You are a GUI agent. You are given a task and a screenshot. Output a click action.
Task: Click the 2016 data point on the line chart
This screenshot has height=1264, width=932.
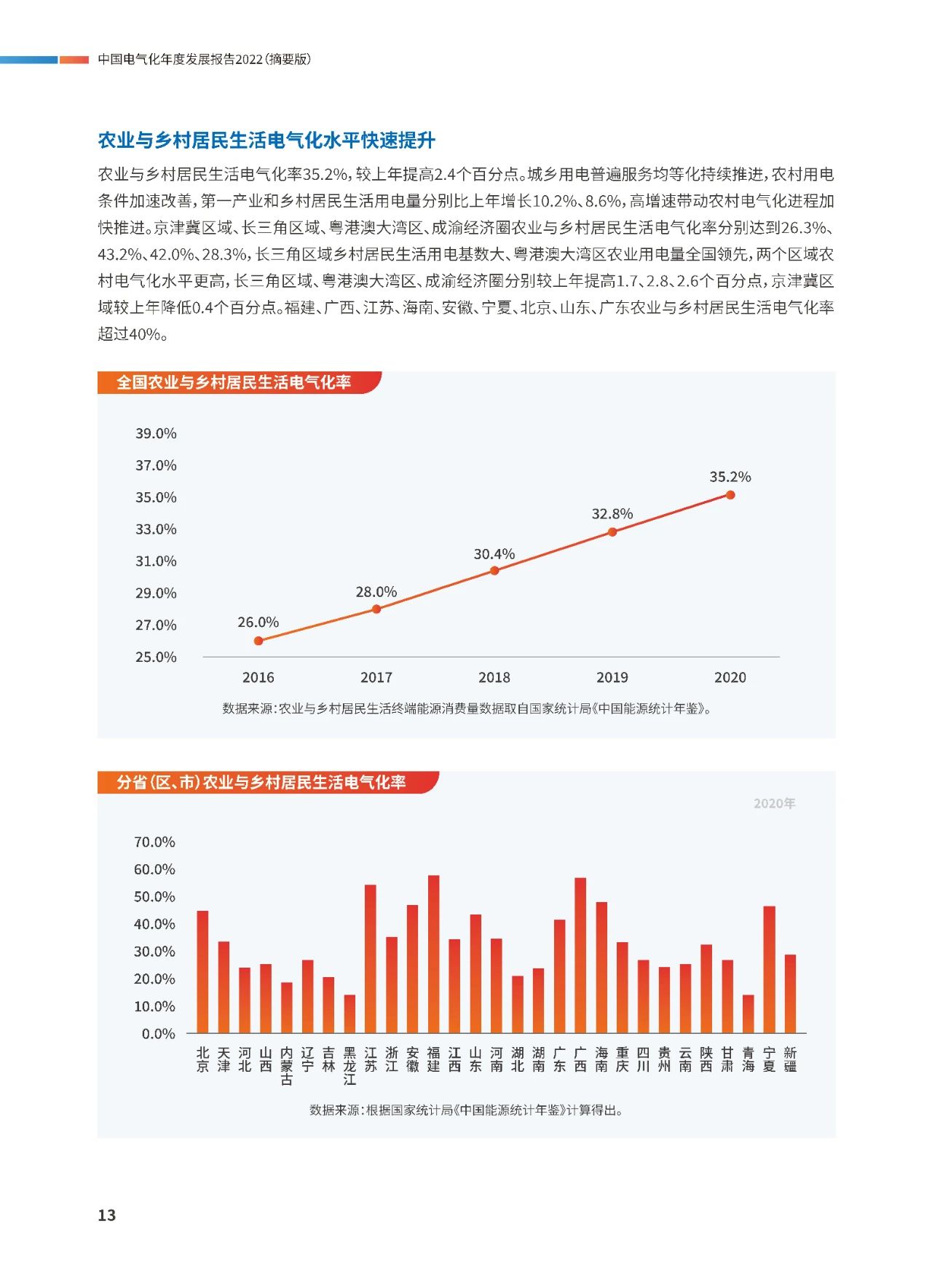click(x=258, y=641)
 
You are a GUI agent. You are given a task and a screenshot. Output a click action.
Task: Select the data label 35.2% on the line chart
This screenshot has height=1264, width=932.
click(x=730, y=477)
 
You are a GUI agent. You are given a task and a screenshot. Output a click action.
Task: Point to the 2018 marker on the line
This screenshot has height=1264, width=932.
click(x=494, y=571)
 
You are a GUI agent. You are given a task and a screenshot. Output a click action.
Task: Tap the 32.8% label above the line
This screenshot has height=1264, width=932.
click(x=612, y=514)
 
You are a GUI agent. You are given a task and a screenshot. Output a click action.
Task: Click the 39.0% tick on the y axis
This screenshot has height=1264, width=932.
click(x=156, y=433)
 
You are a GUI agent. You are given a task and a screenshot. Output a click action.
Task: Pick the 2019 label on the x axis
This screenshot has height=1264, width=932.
click(x=612, y=677)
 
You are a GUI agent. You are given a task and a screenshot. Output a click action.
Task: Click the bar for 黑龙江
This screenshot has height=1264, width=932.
click(x=350, y=1014)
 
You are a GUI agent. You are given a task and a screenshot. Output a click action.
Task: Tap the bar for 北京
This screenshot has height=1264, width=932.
click(x=202, y=972)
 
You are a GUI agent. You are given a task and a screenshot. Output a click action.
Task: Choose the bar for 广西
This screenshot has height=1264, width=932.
click(x=580, y=955)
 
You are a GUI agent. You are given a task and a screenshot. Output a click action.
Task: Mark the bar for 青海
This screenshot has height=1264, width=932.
click(x=749, y=1014)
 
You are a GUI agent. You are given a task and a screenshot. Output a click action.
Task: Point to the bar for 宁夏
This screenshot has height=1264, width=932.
click(x=770, y=969)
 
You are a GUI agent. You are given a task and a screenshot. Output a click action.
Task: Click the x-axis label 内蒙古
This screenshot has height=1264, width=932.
click(x=287, y=1066)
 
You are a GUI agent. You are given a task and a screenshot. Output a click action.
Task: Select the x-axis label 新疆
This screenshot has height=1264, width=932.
click(x=791, y=1059)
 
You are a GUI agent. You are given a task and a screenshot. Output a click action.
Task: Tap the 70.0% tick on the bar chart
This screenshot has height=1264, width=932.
click(x=154, y=842)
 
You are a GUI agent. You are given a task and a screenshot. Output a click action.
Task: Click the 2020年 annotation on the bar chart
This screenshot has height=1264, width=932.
click(x=774, y=803)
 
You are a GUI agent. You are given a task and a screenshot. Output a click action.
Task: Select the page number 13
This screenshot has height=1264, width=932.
click(x=107, y=1215)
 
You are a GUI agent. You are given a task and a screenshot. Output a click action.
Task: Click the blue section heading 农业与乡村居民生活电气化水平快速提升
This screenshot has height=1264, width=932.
click(x=266, y=140)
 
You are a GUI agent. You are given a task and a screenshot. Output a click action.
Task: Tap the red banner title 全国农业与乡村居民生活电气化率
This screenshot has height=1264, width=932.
click(x=234, y=382)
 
